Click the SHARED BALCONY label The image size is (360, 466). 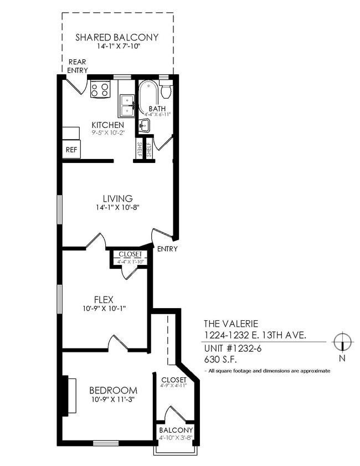(117, 38)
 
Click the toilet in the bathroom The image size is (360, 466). (166, 90)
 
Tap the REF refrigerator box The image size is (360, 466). (71, 149)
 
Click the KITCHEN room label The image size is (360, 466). (107, 125)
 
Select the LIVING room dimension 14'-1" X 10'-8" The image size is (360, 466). (117, 208)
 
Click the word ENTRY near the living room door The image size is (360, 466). (167, 249)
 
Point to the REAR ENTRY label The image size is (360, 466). (77, 66)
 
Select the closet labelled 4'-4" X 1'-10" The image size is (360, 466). (130, 258)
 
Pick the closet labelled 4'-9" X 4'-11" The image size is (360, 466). (174, 382)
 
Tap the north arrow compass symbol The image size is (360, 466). (343, 342)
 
